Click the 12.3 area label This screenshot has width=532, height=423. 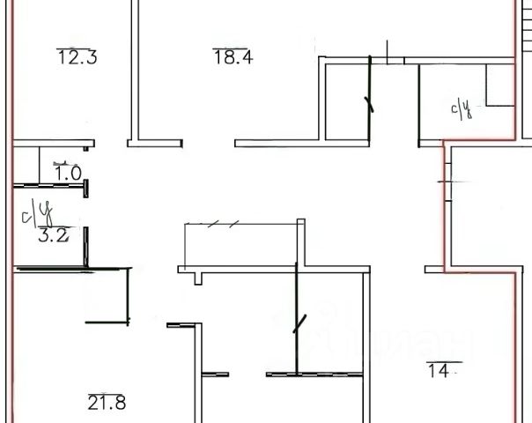pyautogui.click(x=77, y=58)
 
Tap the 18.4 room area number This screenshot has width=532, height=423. pyautogui.click(x=233, y=57)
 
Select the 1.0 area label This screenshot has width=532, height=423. pyautogui.click(x=68, y=173)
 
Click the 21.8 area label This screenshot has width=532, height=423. pyautogui.click(x=107, y=404)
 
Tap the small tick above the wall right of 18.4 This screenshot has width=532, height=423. pyautogui.click(x=388, y=50)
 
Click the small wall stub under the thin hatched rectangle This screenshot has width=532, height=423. pyautogui.click(x=196, y=277)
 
